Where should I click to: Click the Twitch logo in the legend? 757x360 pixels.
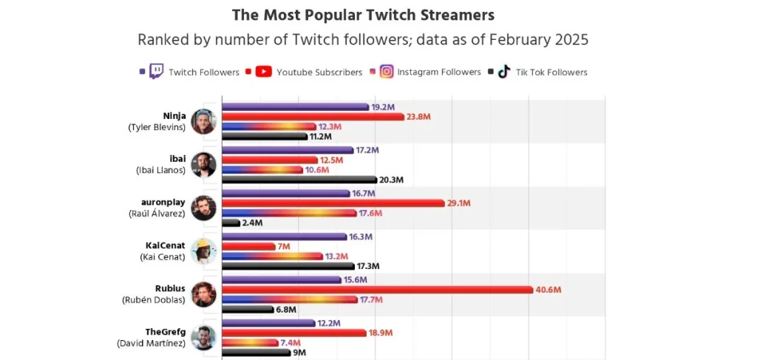pyautogui.click(x=156, y=72)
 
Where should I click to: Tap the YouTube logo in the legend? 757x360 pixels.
pyautogui.click(x=264, y=72)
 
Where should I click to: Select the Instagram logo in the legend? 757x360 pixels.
pyautogui.click(x=387, y=72)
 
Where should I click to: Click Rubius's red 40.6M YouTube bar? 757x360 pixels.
pyautogui.click(x=377, y=289)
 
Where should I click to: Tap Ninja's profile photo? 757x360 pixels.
pyautogui.click(x=203, y=121)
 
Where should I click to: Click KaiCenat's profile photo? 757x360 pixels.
pyautogui.click(x=203, y=251)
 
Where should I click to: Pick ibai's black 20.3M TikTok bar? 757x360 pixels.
pyautogui.click(x=299, y=180)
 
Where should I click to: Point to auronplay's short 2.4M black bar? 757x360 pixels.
pyautogui.click(x=231, y=223)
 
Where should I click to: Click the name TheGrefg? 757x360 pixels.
pyautogui.click(x=166, y=332)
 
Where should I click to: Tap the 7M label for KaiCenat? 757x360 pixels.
pyautogui.click(x=284, y=246)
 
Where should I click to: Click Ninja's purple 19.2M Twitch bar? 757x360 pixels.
pyautogui.click(x=295, y=107)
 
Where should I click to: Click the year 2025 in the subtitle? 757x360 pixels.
pyautogui.click(x=569, y=40)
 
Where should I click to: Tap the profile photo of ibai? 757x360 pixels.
pyautogui.click(x=203, y=165)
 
